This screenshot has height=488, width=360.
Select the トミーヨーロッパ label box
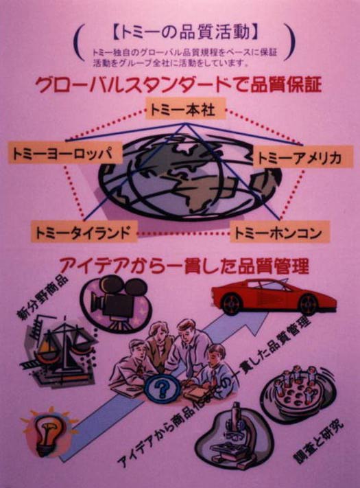tap(65, 152)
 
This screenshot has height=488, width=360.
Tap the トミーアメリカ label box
tap(303, 156)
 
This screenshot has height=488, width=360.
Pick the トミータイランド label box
tap(84, 231)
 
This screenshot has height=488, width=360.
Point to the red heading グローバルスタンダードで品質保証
tap(178, 83)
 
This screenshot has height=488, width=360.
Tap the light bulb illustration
tap(47, 432)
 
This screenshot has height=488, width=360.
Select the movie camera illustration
tap(117, 303)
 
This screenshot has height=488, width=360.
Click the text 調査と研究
tap(319, 441)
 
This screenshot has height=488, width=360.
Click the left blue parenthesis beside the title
tap(79, 42)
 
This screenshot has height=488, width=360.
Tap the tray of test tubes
tap(298, 394)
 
